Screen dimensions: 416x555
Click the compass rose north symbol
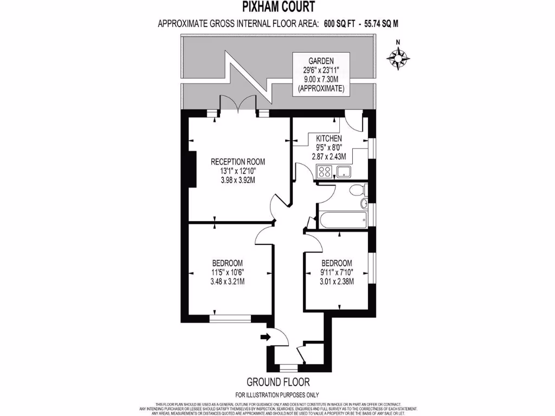click(398, 56)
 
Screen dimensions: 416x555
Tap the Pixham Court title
click(277, 7)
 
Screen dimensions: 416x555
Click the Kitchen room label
click(329, 139)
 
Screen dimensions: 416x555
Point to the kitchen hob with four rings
click(325, 172)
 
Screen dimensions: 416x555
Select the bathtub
click(343, 219)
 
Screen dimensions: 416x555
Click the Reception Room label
click(238, 161)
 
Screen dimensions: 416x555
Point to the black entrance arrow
click(265, 337)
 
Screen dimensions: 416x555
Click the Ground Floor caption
click(277, 380)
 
